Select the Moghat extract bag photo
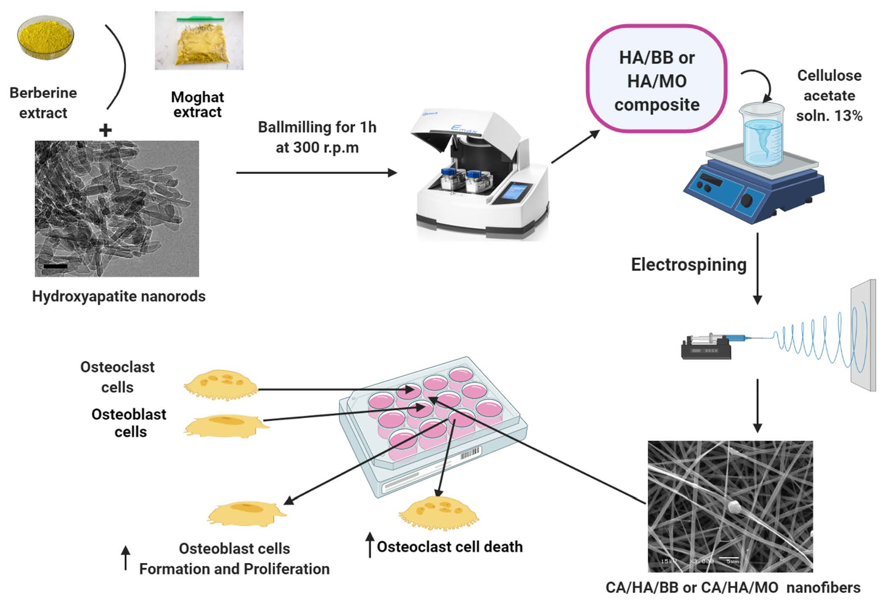[x=199, y=41]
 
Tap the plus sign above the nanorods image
[x=105, y=130]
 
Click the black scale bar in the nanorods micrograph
[x=55, y=266]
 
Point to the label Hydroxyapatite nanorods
[x=119, y=296]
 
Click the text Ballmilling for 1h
[x=317, y=127]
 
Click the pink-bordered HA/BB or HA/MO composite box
[x=657, y=79]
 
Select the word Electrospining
[x=688, y=265]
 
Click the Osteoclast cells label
[x=117, y=377]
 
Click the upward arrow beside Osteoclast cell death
[x=370, y=545]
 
